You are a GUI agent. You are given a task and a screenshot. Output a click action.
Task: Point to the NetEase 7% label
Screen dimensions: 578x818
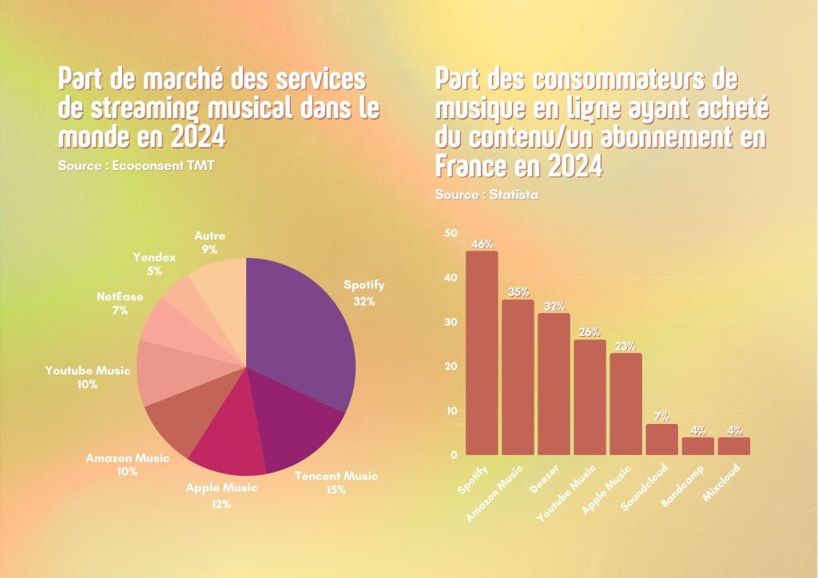pos(120,303)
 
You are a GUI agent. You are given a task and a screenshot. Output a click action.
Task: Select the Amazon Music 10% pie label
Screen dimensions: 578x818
pos(128,465)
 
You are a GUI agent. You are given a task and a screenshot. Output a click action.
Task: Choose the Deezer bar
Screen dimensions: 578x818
pos(554,384)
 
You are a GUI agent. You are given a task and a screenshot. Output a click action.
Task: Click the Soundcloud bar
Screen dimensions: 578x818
pos(661,439)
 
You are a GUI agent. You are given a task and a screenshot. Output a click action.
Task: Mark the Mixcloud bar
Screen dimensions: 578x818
pos(733,446)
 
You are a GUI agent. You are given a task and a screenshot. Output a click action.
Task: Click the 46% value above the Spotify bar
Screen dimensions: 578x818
pos(482,244)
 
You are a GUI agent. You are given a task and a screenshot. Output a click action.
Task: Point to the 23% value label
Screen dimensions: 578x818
pos(625,346)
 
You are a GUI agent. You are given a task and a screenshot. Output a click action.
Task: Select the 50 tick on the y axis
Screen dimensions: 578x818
pos(451,233)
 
